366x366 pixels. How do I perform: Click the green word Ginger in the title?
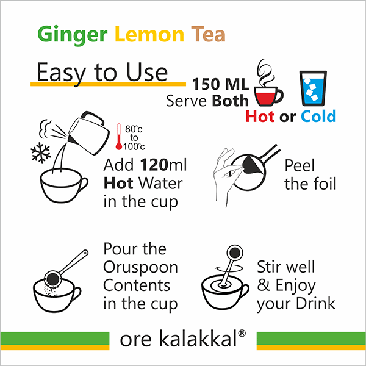(x=73, y=35)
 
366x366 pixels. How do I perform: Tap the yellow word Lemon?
(x=149, y=34)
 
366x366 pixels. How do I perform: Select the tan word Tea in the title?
(x=208, y=34)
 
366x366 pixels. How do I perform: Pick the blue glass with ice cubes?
(x=313, y=88)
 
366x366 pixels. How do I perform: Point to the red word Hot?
(x=260, y=117)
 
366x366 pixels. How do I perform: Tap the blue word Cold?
(x=318, y=117)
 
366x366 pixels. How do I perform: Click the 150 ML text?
(x=220, y=84)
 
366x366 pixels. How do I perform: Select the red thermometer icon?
(x=119, y=137)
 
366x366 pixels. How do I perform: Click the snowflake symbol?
(x=41, y=152)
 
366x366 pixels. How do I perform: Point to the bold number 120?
(x=154, y=165)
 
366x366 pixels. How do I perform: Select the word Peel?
(x=300, y=166)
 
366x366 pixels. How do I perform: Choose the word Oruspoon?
(x=140, y=268)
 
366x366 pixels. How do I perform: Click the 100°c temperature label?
(x=134, y=146)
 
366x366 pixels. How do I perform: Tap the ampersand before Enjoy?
(x=264, y=285)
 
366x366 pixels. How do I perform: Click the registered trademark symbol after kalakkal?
(x=242, y=333)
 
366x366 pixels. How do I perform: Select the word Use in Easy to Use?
(x=147, y=73)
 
